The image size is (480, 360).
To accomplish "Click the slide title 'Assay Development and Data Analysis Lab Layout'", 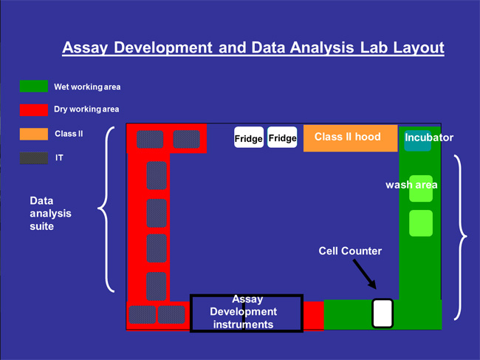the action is (x=253, y=48).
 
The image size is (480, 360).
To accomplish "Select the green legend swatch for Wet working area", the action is (x=34, y=86).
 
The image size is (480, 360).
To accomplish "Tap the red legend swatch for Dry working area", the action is (x=34, y=110).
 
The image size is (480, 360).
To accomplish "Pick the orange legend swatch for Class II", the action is (x=34, y=134).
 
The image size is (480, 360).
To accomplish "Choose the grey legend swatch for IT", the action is (x=34, y=158).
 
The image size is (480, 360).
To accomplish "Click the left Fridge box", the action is (x=249, y=137).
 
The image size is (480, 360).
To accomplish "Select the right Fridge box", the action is (x=282, y=137).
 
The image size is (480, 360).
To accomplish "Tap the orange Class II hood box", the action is (x=351, y=138).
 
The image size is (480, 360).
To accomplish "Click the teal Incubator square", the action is (x=417, y=140).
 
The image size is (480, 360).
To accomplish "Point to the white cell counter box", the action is (x=383, y=313).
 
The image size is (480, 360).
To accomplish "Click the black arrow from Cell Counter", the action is (x=365, y=274).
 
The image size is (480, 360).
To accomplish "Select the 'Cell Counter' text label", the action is (x=350, y=251).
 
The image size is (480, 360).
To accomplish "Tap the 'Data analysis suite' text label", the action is (x=50, y=214).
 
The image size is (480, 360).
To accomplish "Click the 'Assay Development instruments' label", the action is (x=244, y=312).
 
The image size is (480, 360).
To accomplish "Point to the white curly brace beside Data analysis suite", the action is (x=106, y=209).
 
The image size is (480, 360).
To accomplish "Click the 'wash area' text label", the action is (x=411, y=185).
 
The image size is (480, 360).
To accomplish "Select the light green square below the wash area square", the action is (x=421, y=223).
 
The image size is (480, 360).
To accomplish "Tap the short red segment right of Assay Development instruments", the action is (x=313, y=316).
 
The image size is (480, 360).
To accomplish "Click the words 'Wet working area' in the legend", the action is (x=87, y=87).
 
